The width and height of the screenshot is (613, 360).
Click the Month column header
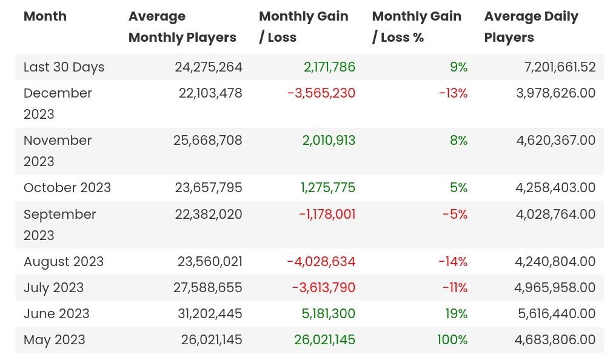(45, 16)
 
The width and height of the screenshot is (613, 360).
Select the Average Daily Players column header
(531, 27)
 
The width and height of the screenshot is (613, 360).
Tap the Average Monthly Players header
(182, 27)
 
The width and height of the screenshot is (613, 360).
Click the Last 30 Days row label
(64, 67)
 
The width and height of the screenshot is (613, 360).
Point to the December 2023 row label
(58, 104)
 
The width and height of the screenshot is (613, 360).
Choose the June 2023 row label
(56, 314)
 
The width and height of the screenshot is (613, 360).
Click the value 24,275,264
(208, 67)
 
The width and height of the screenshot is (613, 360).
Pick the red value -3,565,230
(321, 93)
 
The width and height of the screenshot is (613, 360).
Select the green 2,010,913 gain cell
(329, 141)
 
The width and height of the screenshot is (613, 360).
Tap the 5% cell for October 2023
(458, 188)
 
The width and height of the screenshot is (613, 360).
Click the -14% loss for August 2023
(453, 262)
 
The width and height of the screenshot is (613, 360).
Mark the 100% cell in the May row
(452, 340)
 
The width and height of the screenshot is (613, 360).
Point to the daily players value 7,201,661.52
(560, 67)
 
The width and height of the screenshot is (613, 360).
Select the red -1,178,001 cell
(327, 215)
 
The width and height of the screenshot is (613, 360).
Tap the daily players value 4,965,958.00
(555, 288)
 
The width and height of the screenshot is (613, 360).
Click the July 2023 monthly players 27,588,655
(208, 288)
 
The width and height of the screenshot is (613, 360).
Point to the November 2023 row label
(58, 151)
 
